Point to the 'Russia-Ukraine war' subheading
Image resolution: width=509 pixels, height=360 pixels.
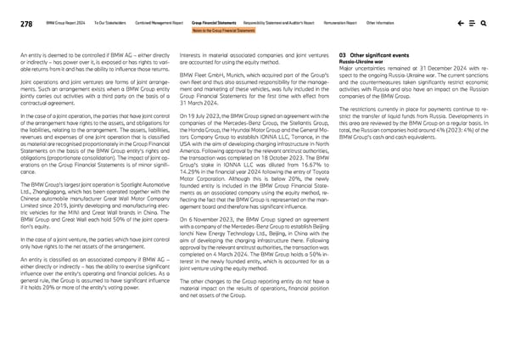coord(361,61)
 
